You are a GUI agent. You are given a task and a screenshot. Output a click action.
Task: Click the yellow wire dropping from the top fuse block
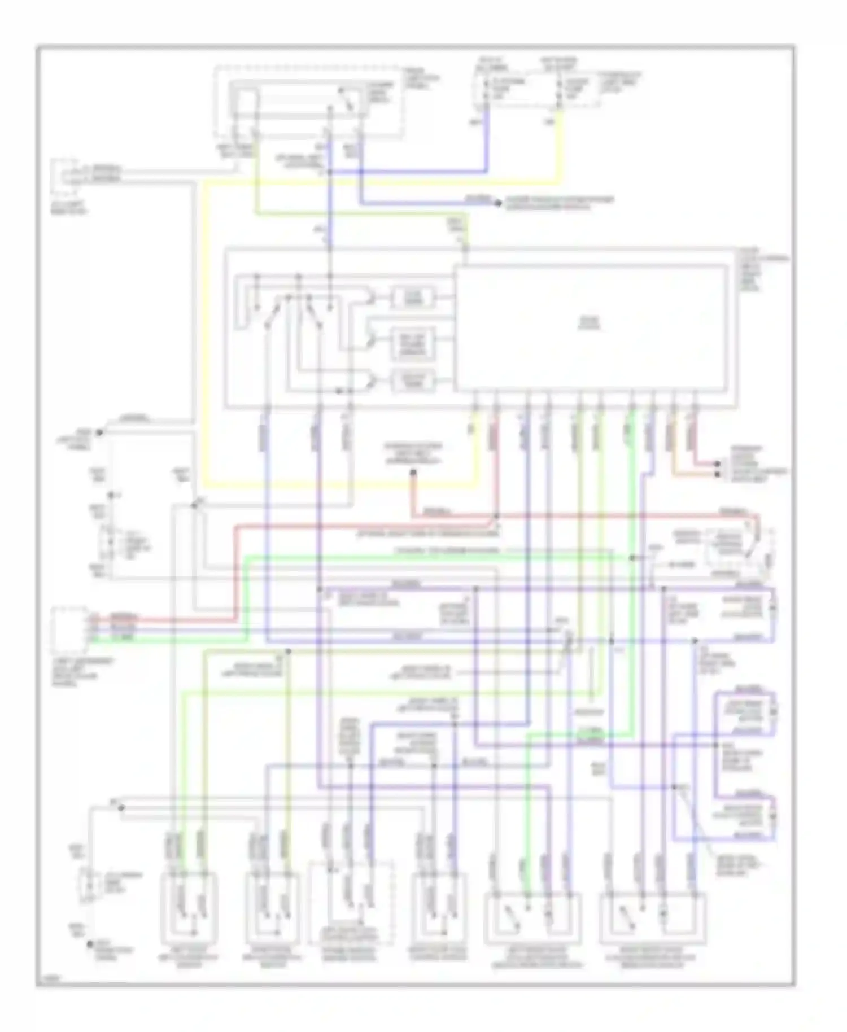(560, 147)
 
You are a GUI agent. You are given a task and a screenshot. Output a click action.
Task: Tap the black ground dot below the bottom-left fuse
(89, 943)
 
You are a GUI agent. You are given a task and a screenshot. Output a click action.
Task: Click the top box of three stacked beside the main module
(413, 298)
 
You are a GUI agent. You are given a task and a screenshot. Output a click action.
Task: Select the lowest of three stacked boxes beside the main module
(413, 381)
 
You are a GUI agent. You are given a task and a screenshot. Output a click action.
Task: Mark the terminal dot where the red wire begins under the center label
(413, 473)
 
